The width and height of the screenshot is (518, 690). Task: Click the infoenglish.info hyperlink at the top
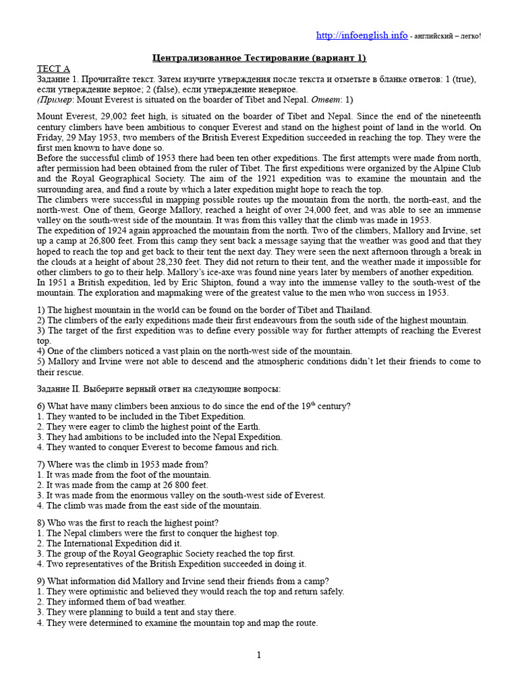[362, 35]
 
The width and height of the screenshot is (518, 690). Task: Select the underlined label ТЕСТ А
[53, 69]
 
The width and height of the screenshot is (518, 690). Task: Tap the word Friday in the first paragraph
[54, 137]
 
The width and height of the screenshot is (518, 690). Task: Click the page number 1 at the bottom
[258, 655]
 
